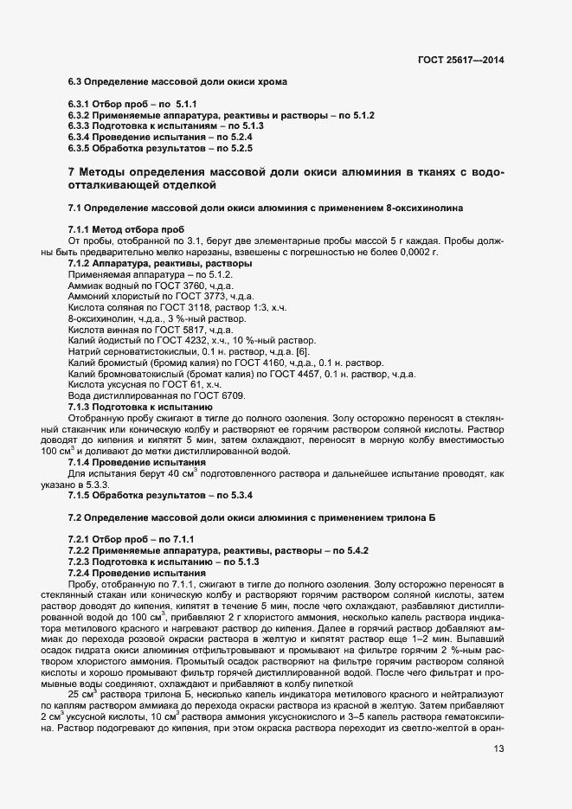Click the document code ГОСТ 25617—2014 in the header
tap(460, 60)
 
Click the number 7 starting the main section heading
tap(71, 171)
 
